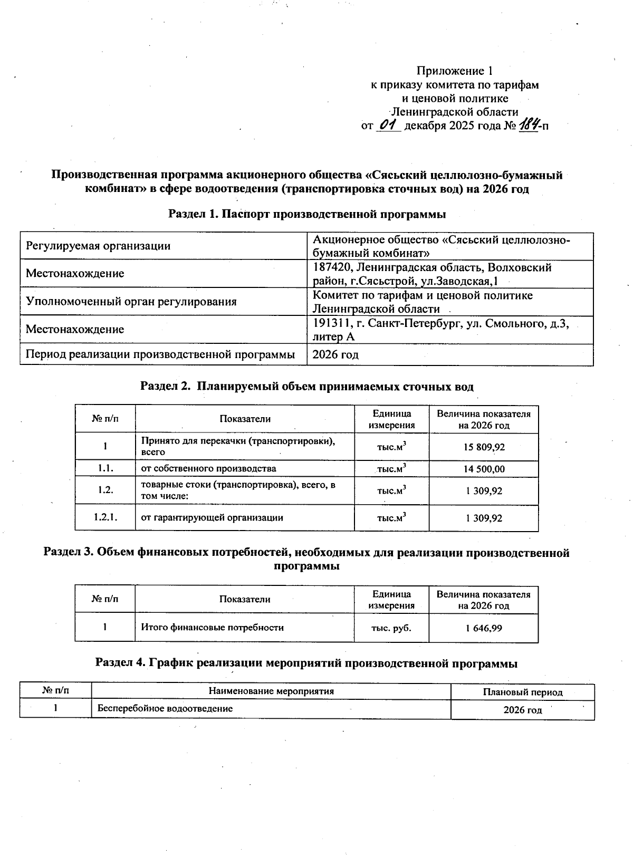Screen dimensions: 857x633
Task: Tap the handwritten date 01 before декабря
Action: [388, 125]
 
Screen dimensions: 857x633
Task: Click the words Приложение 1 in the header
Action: [454, 71]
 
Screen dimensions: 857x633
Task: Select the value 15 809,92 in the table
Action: [484, 447]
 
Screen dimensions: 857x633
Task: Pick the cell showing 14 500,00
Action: [484, 469]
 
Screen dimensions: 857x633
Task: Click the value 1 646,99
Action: [484, 628]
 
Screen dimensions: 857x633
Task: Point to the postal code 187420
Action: [333, 267]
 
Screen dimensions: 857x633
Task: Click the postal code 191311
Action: [332, 323]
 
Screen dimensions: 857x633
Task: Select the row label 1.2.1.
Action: [105, 517]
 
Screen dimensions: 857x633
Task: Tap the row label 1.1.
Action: [105, 468]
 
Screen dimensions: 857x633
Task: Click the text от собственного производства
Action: [208, 468]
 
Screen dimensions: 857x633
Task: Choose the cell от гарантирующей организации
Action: [212, 518]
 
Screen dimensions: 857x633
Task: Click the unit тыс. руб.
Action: [391, 628]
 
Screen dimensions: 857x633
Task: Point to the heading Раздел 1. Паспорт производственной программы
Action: [306, 214]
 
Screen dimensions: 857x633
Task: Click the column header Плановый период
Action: [522, 692]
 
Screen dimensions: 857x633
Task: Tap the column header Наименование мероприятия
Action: [271, 691]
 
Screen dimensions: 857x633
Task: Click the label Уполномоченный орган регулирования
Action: [131, 302]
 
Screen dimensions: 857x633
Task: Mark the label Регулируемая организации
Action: [98, 246]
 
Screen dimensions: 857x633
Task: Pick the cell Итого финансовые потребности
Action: [212, 628]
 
